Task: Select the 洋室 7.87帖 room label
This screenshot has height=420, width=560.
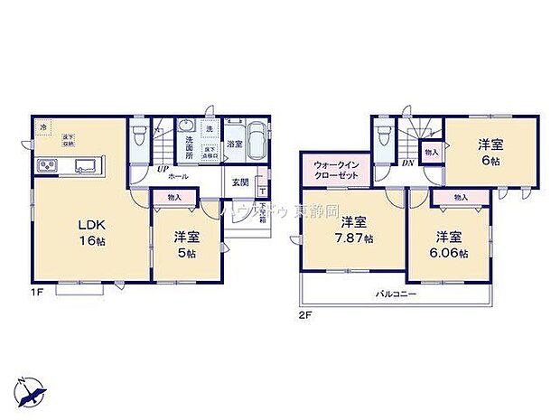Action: [x=351, y=229]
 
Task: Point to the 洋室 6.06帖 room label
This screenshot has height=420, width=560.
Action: [x=451, y=244]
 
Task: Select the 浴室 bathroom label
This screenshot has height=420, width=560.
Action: [x=234, y=145]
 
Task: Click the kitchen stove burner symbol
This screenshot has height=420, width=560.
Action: [x=48, y=166]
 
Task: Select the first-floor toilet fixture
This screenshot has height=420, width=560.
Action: [x=138, y=135]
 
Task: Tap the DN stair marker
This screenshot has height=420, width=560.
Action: [x=408, y=163]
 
